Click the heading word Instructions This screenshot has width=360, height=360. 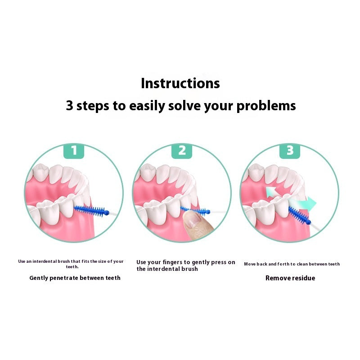(x=180, y=83)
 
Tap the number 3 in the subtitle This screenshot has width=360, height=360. (x=70, y=105)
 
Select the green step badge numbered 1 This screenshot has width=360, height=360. (x=74, y=151)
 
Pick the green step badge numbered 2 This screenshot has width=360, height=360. (x=182, y=151)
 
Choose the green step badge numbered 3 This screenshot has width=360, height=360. (x=290, y=151)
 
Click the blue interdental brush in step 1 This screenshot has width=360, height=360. (x=92, y=211)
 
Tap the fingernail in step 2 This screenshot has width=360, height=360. (x=193, y=220)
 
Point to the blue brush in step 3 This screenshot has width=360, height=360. (x=300, y=216)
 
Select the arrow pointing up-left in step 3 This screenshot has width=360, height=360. (x=272, y=192)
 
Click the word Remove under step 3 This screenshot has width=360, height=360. (x=275, y=278)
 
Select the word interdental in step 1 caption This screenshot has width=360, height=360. (x=45, y=261)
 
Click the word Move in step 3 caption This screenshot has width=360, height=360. (x=250, y=264)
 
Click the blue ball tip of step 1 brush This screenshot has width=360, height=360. (x=107, y=213)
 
